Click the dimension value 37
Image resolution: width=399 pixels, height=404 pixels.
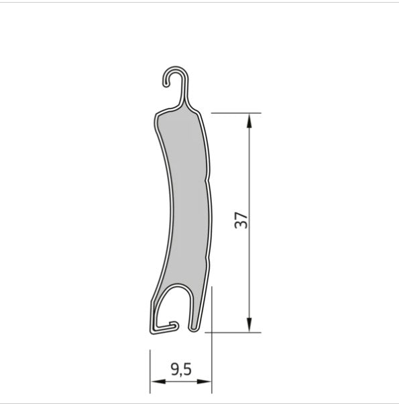pyautogui.click(x=242, y=220)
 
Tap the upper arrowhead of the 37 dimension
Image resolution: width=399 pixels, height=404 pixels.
pyautogui.click(x=249, y=119)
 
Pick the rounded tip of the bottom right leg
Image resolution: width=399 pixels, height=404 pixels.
pyautogui.click(x=194, y=328)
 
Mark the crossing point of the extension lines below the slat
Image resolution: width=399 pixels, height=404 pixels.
pyautogui.click(x=212, y=330)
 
